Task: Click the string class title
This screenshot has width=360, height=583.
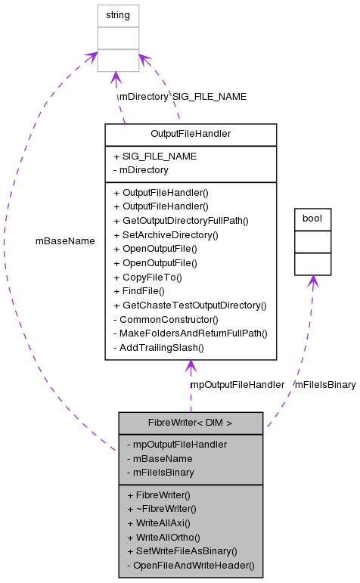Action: [x=118, y=14]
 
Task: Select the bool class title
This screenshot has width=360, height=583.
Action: [x=312, y=219]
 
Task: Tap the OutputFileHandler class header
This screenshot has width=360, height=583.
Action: [x=191, y=135]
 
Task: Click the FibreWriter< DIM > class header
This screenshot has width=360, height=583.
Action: [x=191, y=423]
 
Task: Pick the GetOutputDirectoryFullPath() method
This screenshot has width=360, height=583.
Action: [x=181, y=220]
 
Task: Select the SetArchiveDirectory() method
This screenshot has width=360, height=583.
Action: [x=166, y=234]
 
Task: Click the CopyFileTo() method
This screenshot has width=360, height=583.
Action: [x=148, y=277]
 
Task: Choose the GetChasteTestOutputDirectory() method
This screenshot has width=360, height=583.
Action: [x=190, y=305]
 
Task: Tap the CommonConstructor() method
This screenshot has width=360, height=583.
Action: [x=166, y=319]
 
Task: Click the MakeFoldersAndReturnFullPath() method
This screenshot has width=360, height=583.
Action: [x=190, y=333]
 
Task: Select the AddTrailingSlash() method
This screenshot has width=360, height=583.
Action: [x=159, y=348]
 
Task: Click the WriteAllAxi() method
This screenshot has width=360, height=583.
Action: [x=158, y=523]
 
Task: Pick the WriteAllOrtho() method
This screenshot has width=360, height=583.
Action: [x=163, y=537]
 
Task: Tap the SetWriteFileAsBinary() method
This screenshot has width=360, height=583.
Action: [x=182, y=550]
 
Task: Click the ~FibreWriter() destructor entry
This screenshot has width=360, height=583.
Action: [x=159, y=508]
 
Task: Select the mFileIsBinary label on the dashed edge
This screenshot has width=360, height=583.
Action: [x=324, y=385]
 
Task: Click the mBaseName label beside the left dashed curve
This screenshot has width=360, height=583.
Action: [x=65, y=241]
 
